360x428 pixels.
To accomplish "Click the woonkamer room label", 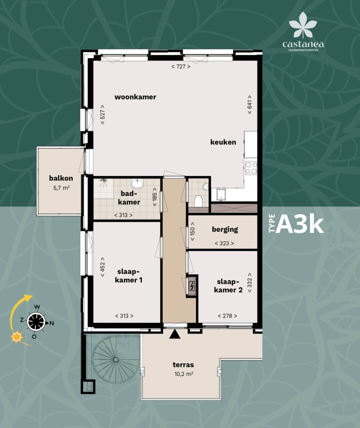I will pos(135,97).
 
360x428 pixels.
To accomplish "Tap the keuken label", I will pos(223,142).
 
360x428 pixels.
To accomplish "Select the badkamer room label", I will pos(130,198).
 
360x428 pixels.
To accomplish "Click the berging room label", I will pos(225,229).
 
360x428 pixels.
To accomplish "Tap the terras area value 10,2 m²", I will pos(183,374).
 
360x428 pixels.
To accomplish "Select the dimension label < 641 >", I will pos(250,107).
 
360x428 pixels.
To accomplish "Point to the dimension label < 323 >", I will pos(224,243).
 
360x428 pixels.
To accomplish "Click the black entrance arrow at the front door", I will pos(175,334).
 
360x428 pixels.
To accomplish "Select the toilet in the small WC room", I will pos(198,201).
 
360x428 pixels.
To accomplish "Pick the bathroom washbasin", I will pos(138,183).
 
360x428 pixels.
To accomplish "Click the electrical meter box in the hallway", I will pos(192,285).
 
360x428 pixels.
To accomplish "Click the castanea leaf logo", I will pos(303,28).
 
